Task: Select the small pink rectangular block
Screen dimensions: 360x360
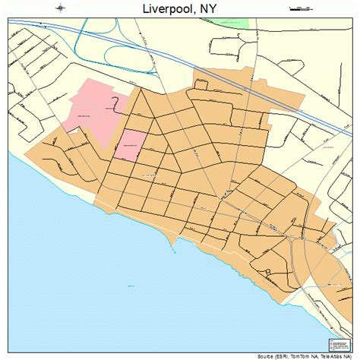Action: tap(130, 144)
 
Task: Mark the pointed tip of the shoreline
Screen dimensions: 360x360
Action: tap(177, 245)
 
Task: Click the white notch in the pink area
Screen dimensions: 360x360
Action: tap(74, 130)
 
